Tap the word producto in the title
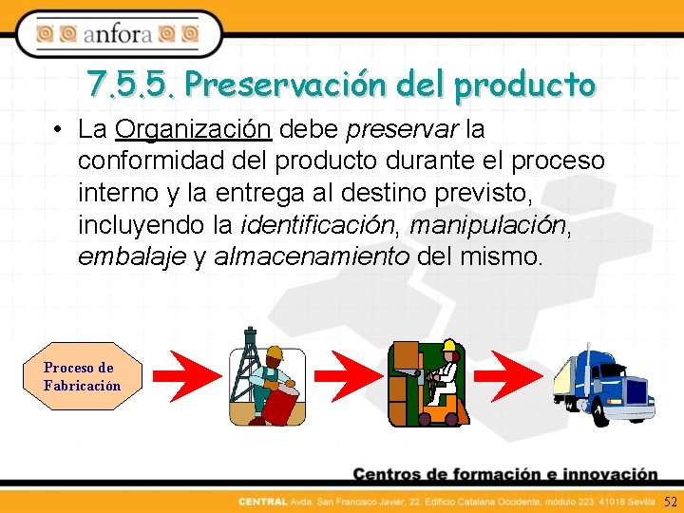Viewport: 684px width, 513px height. pos(524,85)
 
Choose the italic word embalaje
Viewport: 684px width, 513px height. pos(132,257)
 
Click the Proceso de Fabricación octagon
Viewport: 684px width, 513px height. pos(81,376)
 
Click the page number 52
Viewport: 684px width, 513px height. pos(671,501)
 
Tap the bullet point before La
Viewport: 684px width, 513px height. pos(59,129)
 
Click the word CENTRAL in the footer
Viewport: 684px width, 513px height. pos(257,501)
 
